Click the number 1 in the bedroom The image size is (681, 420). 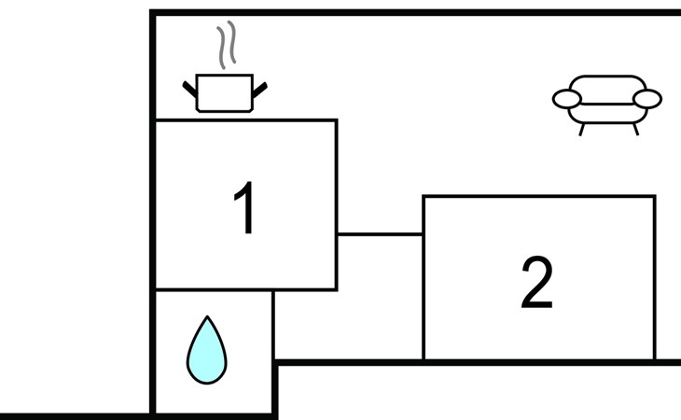[245, 207]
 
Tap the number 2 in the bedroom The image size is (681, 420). [536, 282]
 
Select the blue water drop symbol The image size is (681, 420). [207, 350]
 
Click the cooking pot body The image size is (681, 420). [224, 93]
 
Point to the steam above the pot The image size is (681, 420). [227, 45]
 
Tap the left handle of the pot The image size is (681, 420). [189, 89]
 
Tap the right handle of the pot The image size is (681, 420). [259, 91]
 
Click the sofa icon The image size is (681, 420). [607, 105]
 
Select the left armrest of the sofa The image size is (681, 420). [567, 99]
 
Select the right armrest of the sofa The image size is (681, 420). [647, 99]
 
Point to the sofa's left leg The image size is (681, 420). [582, 130]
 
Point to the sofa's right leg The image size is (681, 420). [636, 130]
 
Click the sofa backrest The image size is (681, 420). [607, 82]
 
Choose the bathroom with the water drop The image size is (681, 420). [214, 352]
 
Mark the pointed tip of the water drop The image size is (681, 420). [208, 316]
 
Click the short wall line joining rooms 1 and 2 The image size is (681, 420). [380, 234]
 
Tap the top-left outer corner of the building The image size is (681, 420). [150, 9]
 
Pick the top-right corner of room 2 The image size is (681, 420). [655, 196]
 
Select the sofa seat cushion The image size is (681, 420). [607, 114]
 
